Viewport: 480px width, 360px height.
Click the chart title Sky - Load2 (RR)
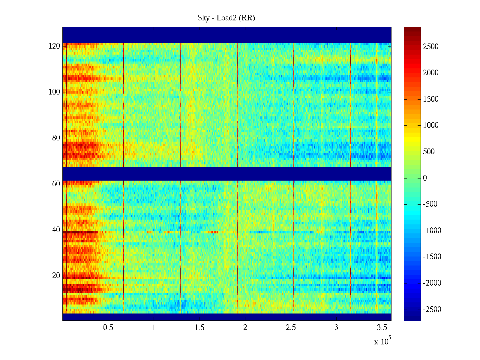(226, 18)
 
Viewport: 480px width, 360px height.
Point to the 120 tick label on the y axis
(54, 46)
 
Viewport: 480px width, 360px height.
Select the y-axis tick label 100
(54, 92)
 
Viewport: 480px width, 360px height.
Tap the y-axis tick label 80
(56, 138)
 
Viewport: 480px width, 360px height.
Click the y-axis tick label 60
(56, 184)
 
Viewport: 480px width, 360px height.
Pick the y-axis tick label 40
(56, 230)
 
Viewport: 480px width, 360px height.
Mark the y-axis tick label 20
(56, 276)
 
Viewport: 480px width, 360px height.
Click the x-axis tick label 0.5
(108, 328)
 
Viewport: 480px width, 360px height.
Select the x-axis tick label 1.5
(199, 328)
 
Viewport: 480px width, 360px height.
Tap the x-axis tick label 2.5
(291, 328)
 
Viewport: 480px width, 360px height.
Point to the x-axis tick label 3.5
(382, 328)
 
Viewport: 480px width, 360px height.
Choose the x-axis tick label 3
(336, 328)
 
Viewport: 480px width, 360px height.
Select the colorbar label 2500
(431, 46)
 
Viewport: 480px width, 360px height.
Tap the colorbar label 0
(425, 178)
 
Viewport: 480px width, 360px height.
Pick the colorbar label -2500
(432, 310)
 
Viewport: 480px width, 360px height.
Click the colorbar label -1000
(432, 231)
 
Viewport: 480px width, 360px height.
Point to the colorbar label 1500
(431, 99)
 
